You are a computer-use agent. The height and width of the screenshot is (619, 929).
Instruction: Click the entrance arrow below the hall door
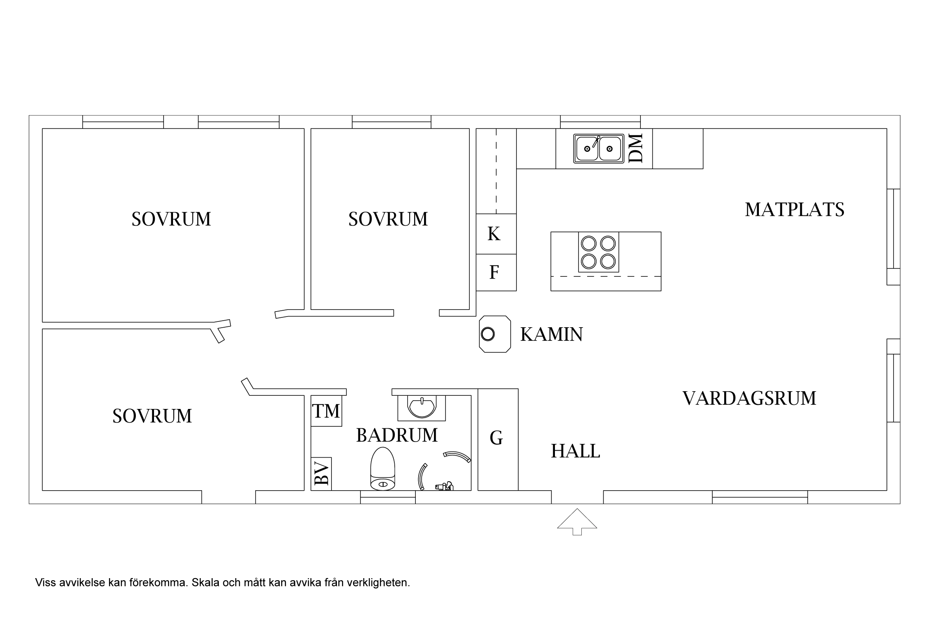click(577, 522)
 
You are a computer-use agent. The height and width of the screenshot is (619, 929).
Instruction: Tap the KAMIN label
click(551, 334)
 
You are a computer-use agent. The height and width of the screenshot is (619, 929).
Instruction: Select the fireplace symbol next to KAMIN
click(495, 334)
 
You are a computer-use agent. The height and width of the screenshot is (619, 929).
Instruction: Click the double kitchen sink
click(599, 148)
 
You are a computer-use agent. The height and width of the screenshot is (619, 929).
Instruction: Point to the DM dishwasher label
click(636, 148)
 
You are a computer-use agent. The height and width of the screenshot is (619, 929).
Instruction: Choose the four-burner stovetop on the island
click(599, 252)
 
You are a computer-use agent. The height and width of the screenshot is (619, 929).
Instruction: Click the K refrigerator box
click(496, 234)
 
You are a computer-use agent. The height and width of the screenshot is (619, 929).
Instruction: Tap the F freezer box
click(496, 272)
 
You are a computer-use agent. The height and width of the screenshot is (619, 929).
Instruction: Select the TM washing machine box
click(326, 411)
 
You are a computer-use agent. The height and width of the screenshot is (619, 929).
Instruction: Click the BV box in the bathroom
click(321, 474)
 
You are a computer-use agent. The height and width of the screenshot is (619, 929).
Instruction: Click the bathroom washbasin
click(421, 406)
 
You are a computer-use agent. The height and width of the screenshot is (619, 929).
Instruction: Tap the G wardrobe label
click(496, 438)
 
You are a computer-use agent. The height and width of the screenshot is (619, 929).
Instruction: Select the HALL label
click(575, 451)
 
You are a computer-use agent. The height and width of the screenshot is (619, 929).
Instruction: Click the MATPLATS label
click(794, 210)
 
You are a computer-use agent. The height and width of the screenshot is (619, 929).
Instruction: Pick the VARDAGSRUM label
click(749, 398)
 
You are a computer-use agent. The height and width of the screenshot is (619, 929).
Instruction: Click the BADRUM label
click(397, 435)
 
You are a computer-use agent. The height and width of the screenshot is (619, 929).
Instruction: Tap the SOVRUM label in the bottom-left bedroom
click(152, 416)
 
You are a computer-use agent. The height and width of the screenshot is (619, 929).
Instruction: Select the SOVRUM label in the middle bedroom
click(388, 219)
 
